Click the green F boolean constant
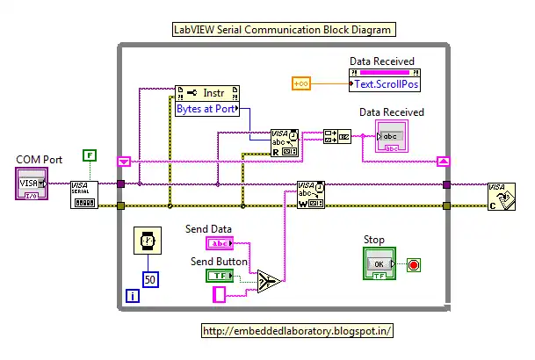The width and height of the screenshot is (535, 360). point(89,155)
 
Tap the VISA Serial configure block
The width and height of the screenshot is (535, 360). point(83,194)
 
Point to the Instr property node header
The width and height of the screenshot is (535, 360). point(208,92)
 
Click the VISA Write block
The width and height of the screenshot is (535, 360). point(310,194)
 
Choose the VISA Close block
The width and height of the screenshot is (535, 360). point(502,195)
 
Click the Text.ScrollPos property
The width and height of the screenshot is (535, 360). point(382,86)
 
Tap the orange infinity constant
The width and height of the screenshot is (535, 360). point(301,83)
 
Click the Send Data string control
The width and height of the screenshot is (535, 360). point(220,243)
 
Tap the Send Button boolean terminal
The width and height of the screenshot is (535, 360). point(219,275)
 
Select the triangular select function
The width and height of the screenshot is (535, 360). point(269,281)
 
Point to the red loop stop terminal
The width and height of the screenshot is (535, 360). point(414,263)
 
